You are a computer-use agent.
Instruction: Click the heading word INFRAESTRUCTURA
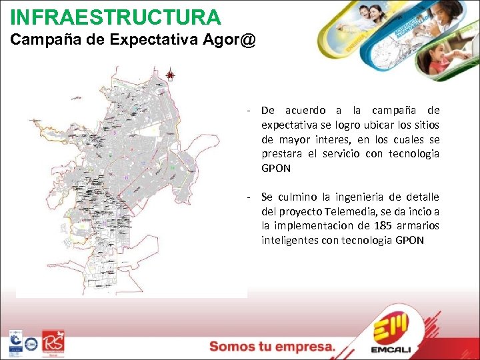coord(115,16)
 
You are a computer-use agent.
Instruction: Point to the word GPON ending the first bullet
coord(276,169)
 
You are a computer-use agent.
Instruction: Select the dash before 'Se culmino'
coord(248,197)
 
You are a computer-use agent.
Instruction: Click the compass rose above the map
coord(170,75)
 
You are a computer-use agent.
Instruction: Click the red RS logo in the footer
coord(53,343)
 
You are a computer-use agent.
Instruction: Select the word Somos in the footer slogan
coord(232,347)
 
